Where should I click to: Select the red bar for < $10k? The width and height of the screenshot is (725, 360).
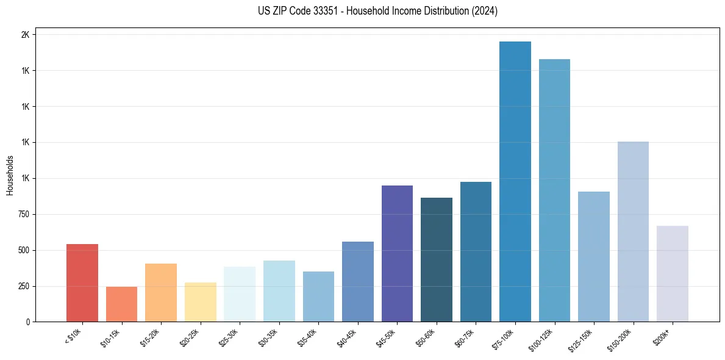(82, 283)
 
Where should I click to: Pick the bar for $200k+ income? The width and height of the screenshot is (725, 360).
(673, 274)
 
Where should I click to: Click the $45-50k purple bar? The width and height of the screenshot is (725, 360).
(397, 254)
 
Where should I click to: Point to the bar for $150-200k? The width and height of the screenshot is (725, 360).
(633, 232)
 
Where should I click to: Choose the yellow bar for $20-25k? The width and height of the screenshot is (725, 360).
(200, 302)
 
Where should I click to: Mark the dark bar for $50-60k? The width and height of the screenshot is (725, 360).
(437, 260)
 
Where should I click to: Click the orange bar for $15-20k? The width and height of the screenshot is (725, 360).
(161, 293)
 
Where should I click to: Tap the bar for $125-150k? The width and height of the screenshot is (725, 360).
(594, 257)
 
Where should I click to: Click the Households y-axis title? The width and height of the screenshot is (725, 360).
(10, 175)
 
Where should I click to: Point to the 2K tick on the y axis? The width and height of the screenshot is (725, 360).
(25, 35)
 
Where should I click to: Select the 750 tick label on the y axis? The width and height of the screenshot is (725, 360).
(23, 214)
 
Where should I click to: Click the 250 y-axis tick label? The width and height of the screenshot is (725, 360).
(23, 286)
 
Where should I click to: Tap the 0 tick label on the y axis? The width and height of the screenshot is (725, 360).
(28, 322)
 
